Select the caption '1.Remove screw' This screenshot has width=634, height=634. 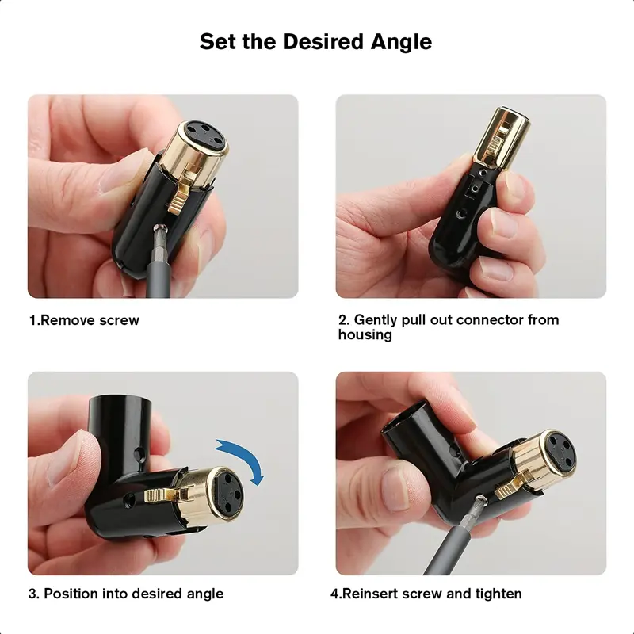pos(84,320)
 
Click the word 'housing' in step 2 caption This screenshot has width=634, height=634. pos(365,334)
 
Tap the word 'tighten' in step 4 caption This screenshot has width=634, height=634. pos(497,593)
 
